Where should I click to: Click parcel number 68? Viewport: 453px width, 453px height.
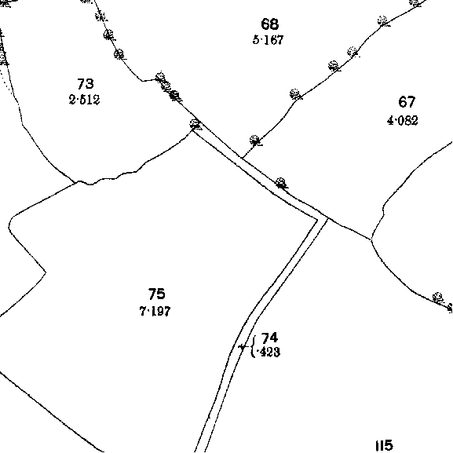[270, 24]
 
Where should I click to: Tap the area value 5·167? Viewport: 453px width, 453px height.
[268, 40]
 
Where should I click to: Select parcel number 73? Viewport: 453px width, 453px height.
[86, 84]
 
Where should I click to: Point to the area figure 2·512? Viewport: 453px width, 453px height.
[84, 100]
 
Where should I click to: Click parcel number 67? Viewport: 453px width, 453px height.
[407, 102]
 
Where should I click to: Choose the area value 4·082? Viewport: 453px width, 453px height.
[403, 120]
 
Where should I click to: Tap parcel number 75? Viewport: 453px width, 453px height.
[156, 294]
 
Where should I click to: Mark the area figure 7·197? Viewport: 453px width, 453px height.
[155, 311]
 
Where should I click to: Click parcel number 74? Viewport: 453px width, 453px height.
[269, 338]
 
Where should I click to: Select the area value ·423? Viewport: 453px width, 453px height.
[268, 353]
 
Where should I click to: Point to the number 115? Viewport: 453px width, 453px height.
[385, 445]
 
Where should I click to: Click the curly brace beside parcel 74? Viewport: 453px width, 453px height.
[254, 346]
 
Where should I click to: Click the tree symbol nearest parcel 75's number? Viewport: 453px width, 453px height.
[281, 183]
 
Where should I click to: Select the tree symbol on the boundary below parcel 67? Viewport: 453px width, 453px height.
[437, 298]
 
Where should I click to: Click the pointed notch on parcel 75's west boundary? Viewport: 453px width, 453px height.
[46, 272]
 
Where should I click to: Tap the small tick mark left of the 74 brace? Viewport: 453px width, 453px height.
[242, 347]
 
